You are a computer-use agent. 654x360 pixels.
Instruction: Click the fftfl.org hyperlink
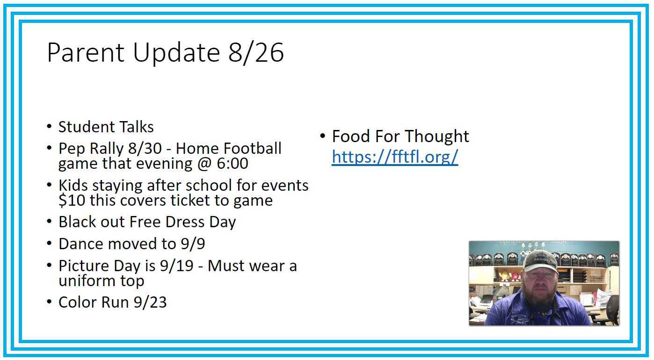(x=395, y=157)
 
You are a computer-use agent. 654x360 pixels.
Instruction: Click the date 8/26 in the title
(x=256, y=52)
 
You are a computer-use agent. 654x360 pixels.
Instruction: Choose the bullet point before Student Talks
(x=50, y=127)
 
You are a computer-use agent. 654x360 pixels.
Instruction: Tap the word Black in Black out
(x=75, y=222)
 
